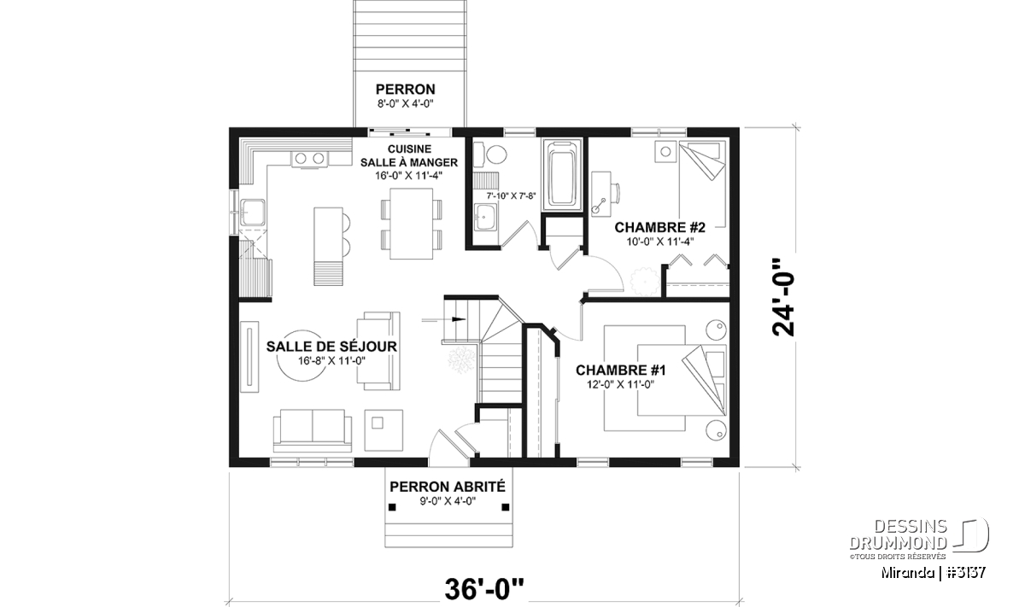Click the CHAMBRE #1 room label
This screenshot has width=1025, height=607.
(620, 370)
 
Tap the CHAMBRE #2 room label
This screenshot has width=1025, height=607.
(659, 227)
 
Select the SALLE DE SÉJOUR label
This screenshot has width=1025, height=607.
(331, 347)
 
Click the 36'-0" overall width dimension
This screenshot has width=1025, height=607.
(484, 589)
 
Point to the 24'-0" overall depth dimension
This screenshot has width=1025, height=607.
(783, 298)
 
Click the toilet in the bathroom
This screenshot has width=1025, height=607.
(489, 155)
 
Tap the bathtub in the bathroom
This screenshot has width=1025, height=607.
(562, 175)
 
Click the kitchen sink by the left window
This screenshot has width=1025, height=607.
(252, 213)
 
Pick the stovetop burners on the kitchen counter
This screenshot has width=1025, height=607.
(309, 159)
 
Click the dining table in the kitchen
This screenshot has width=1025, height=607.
(412, 224)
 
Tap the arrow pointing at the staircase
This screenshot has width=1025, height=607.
(443, 319)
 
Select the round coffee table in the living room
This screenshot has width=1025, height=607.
(302, 355)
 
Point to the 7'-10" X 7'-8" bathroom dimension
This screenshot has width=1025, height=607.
(511, 196)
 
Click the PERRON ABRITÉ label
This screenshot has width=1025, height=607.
(448, 487)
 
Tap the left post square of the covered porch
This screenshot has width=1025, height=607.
(392, 507)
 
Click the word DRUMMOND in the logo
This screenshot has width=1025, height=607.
(898, 543)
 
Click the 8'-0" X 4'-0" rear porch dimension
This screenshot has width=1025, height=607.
(405, 104)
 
